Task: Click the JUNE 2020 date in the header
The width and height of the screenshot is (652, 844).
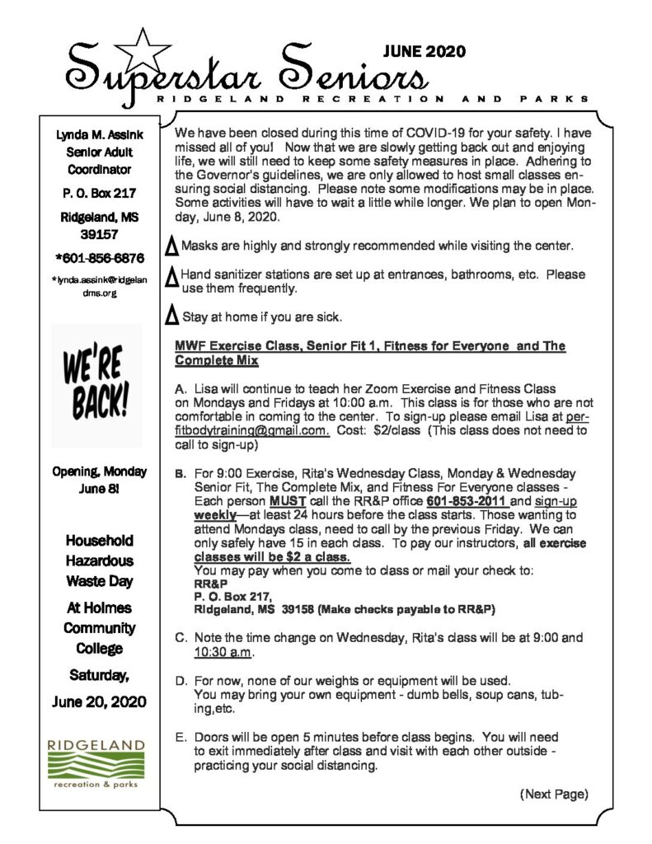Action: [424, 52]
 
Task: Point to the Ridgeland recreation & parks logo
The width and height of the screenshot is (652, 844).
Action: [96, 762]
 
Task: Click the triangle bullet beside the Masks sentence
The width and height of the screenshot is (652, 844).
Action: [172, 245]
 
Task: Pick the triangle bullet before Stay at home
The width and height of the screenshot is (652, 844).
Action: [172, 316]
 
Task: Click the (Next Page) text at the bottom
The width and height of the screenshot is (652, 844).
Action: [553, 795]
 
